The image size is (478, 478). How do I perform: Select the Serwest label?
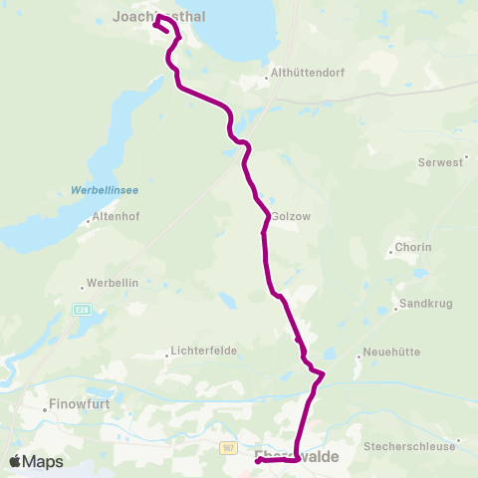[x=443, y=161]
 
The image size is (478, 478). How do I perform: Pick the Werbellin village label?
[x=113, y=282]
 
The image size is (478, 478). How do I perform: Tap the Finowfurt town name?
[x=80, y=405]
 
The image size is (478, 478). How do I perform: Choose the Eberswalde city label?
[x=297, y=456]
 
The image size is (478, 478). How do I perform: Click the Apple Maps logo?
[x=36, y=461]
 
